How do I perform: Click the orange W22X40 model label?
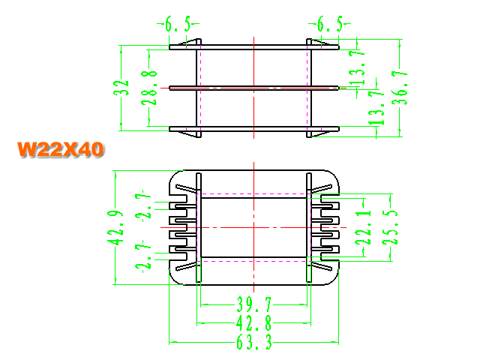point(61,150)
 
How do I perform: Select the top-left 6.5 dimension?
point(178,24)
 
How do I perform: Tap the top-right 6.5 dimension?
point(329,24)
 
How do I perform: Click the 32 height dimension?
point(121,88)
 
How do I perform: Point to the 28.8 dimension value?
point(149,88)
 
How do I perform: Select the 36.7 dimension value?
point(400,88)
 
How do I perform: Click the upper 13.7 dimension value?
point(357,67)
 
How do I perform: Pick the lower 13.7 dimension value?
point(376,108)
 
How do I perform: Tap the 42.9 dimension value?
point(115,228)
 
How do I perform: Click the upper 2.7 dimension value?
point(143,204)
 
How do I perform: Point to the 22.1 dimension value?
point(363,227)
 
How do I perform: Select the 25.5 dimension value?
point(390,227)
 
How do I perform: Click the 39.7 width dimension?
point(254,304)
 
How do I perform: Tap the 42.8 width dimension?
point(254,323)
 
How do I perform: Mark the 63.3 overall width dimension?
point(254,342)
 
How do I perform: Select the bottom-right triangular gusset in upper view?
point(319,133)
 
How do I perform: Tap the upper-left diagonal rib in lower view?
point(186,188)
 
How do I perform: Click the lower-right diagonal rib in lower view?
point(322,266)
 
